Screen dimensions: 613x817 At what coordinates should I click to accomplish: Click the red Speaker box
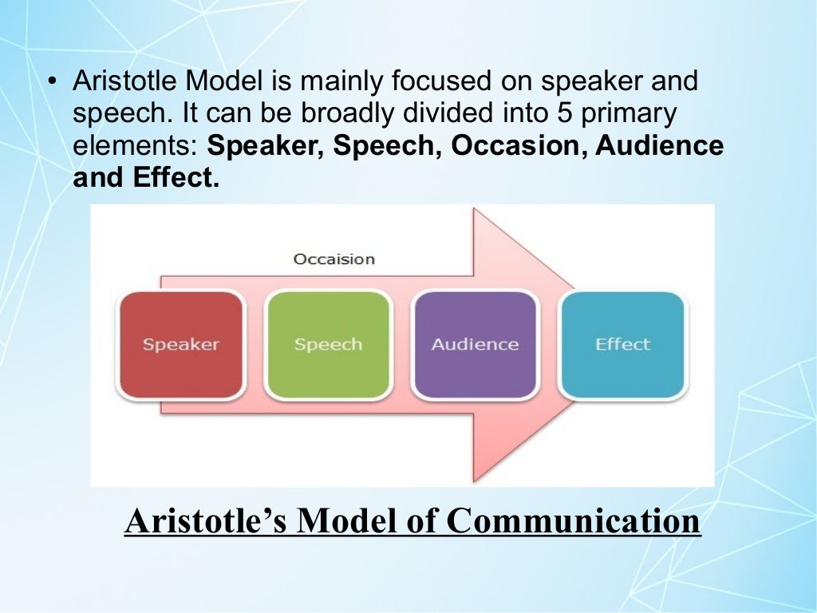coord(180,345)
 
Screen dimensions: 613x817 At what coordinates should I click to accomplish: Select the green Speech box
coord(328,345)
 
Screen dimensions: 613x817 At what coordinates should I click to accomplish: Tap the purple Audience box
coord(475,345)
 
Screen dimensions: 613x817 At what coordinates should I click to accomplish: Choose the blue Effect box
coord(622,345)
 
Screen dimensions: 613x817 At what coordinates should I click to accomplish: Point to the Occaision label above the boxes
coord(334,259)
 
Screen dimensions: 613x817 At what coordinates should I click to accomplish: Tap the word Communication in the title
coord(573,521)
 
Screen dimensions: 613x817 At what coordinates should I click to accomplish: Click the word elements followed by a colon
coord(136,146)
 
